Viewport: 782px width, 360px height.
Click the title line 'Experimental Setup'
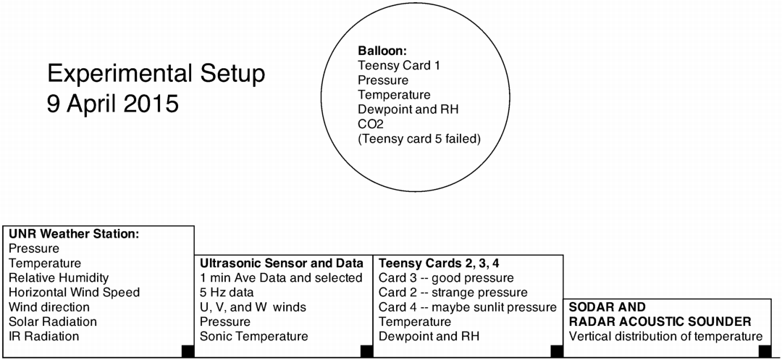coord(156,75)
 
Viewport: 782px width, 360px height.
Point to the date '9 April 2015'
coord(113,104)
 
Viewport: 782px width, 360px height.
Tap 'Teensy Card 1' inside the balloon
coord(399,65)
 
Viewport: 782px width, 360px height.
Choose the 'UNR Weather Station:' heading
coord(74,233)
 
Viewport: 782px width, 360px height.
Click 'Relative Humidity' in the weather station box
coord(59,277)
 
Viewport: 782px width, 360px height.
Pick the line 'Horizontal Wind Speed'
coord(75,292)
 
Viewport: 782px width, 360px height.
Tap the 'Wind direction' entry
coord(49,306)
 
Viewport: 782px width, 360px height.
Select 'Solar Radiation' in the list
coord(53,322)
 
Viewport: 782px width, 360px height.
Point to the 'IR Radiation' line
coord(44,336)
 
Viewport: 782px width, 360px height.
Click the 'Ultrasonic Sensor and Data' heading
coord(281,263)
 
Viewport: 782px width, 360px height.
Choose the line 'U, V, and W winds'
coord(253,306)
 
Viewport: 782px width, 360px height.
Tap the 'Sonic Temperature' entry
coord(254,336)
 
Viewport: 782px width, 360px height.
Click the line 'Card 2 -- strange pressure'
coord(453,292)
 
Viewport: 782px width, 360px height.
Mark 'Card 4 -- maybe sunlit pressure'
coord(467,306)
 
